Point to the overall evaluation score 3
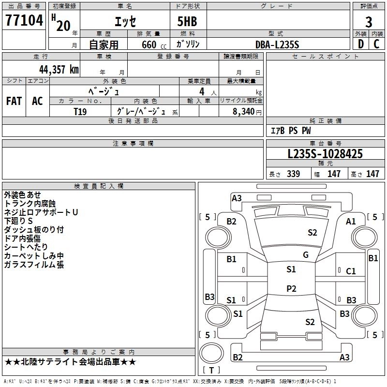coord(369,22)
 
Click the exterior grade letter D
coord(360,44)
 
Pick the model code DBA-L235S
coord(278,45)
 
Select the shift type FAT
coord(14,101)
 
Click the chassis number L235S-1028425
coord(325,154)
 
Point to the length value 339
coord(293,174)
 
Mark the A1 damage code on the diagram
coord(351,221)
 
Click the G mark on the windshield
coord(306,254)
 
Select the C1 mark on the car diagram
coord(351,271)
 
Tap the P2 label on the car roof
coord(291,288)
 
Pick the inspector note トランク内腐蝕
coord(30,204)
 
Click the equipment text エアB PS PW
coord(291,131)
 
